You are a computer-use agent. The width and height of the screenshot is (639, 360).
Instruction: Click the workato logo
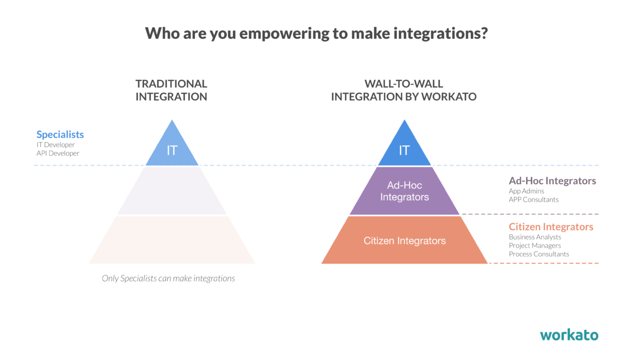tap(569, 335)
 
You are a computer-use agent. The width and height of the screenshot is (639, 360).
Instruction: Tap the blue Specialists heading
tap(60, 134)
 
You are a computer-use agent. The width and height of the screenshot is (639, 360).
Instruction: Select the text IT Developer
tap(55, 145)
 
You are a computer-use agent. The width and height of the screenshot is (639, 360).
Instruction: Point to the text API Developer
tap(58, 153)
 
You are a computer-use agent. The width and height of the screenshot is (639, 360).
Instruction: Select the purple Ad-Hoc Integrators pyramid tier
tap(405, 191)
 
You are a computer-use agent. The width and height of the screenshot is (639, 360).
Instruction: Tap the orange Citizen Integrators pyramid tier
tap(405, 240)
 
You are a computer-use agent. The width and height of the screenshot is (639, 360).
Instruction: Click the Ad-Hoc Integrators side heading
tap(553, 181)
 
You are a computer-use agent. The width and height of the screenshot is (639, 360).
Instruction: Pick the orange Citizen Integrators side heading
tap(551, 227)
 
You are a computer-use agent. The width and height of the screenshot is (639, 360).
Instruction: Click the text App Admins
tap(526, 191)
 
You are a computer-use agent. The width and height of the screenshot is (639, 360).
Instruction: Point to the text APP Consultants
tap(534, 199)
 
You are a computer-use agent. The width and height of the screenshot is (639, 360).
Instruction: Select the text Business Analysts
tap(535, 237)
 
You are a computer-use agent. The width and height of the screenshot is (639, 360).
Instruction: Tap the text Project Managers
tap(535, 246)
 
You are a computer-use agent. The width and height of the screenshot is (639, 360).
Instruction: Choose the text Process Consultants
tap(539, 254)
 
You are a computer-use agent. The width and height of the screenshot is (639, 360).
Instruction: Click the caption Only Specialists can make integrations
tap(168, 278)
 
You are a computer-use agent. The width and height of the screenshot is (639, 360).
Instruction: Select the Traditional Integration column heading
tap(171, 90)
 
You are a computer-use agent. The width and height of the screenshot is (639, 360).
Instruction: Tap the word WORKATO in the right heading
tap(449, 97)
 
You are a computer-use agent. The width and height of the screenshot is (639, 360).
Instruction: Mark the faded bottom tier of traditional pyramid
tap(172, 240)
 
